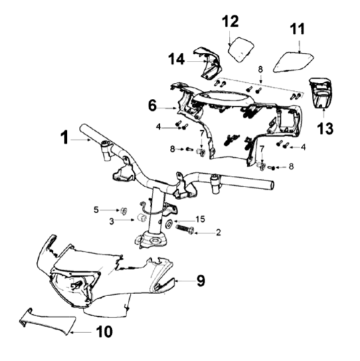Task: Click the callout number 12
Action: click(230, 21)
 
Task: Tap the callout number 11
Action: click(297, 29)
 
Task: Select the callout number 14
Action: click(177, 59)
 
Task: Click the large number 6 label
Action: click(153, 106)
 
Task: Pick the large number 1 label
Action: click(64, 138)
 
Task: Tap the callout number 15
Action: click(201, 219)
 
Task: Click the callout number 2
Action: click(218, 233)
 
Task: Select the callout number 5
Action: click(96, 210)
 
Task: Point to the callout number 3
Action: click(112, 221)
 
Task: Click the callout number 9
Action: click(201, 280)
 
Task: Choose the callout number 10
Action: click(104, 332)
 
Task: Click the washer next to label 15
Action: click(170, 223)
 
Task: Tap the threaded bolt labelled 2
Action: click(185, 229)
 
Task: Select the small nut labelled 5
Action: click(124, 211)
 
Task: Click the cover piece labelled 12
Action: click(241, 49)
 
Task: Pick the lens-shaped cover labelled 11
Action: click(293, 62)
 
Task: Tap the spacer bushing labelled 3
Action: click(141, 217)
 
